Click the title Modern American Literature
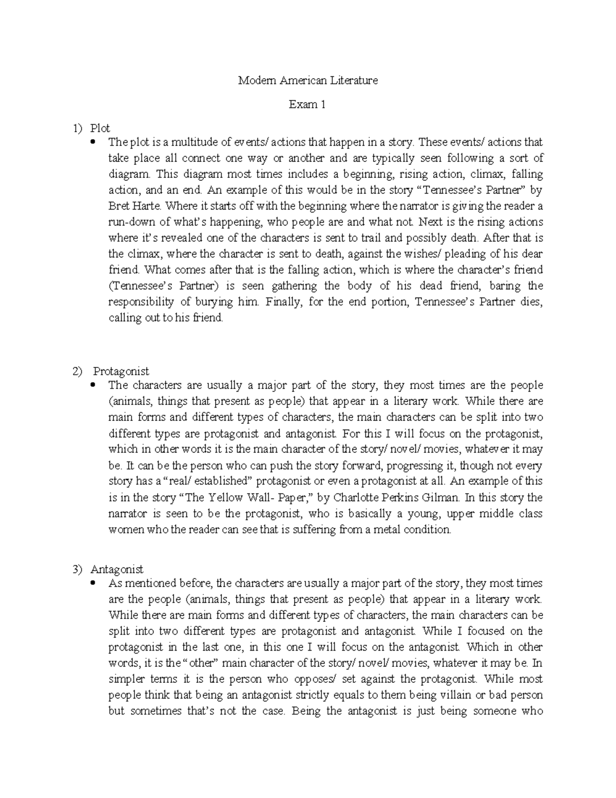tap(307, 80)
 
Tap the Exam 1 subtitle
tap(307, 104)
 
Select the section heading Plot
tap(100, 128)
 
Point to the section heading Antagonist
tap(117, 569)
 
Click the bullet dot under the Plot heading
tap(93, 142)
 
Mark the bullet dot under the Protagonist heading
tap(93, 385)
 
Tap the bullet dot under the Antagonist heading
tap(93, 584)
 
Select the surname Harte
tap(146, 207)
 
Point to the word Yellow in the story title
tap(225, 497)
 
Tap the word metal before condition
tap(403, 530)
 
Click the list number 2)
tap(77, 371)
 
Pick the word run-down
tap(132, 222)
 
